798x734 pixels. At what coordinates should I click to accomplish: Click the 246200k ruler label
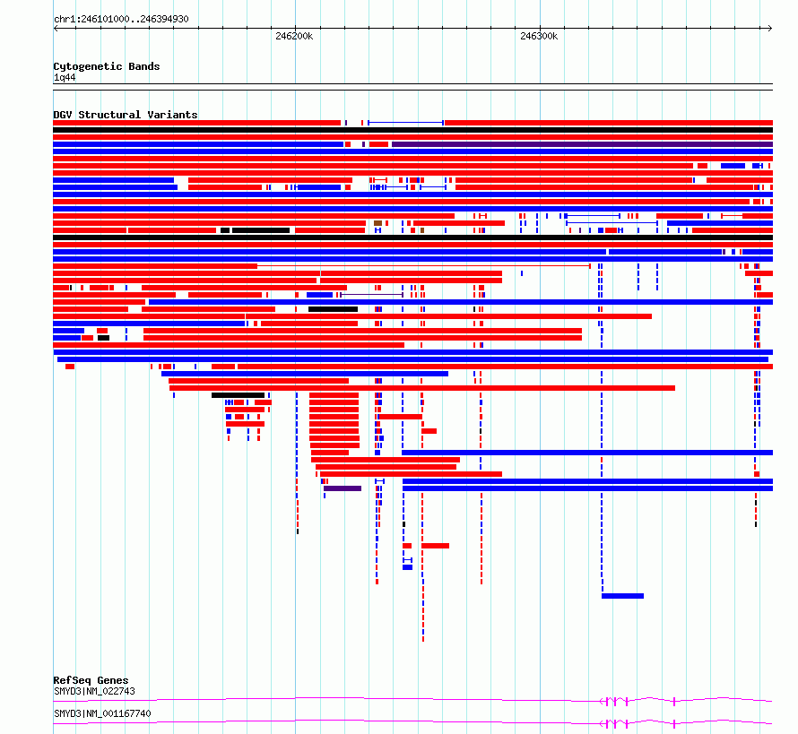coord(294,36)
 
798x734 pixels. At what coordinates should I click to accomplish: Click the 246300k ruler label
coord(539,36)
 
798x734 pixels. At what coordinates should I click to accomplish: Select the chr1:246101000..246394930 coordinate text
coord(121,19)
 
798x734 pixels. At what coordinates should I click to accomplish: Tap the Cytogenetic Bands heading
coord(107,66)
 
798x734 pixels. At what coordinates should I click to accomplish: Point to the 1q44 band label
coord(65,77)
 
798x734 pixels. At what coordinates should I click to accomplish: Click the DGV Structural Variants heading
coord(126,115)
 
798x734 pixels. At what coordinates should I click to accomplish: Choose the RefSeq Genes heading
coord(91,680)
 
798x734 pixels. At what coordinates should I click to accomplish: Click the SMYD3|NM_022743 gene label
coord(95,691)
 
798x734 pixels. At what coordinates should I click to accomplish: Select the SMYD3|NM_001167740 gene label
coord(102,713)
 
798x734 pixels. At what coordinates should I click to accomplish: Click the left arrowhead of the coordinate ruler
coord(55,29)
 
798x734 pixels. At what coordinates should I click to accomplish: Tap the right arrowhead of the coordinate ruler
coord(770,29)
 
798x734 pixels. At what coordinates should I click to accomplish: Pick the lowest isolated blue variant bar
coord(622,596)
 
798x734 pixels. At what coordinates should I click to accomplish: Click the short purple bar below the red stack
coord(343,488)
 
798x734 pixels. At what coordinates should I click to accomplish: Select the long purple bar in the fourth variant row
coord(582,144)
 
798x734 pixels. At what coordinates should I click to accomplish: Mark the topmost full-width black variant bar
coord(412,130)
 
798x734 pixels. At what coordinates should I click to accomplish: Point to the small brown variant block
coord(377,223)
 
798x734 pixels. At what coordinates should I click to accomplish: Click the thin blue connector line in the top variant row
coord(405,123)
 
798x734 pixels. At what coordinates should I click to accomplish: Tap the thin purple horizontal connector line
coord(371,295)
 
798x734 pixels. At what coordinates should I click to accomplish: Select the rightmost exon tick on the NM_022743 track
coord(674,702)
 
